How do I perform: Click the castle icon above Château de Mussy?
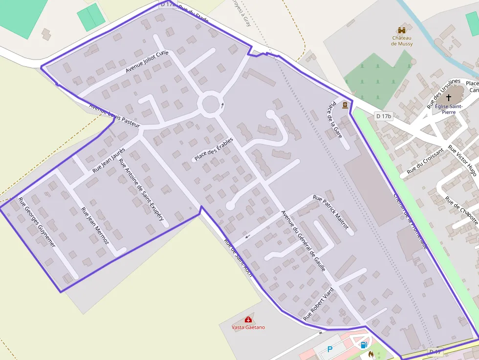[x=402, y=30]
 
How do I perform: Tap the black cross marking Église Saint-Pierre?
[x=449, y=98]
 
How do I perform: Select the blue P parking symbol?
[x=330, y=349]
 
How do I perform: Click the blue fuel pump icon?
[x=364, y=345]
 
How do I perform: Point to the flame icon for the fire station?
[x=371, y=354]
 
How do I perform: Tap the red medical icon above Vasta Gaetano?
[x=248, y=319]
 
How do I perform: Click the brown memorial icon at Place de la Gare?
[x=345, y=105]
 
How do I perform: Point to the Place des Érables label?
[x=214, y=149]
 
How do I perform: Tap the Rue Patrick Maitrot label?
[x=331, y=212]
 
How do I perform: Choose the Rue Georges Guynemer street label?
[x=37, y=222]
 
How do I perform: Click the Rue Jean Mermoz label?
[x=95, y=226]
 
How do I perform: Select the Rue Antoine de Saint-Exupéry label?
[x=141, y=191]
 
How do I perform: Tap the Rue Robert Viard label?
[x=319, y=304]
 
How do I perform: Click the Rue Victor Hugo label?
[x=462, y=163]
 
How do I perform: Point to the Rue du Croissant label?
[x=425, y=161]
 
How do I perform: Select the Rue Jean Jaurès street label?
[x=109, y=160]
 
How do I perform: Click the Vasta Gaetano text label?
[x=248, y=327]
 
